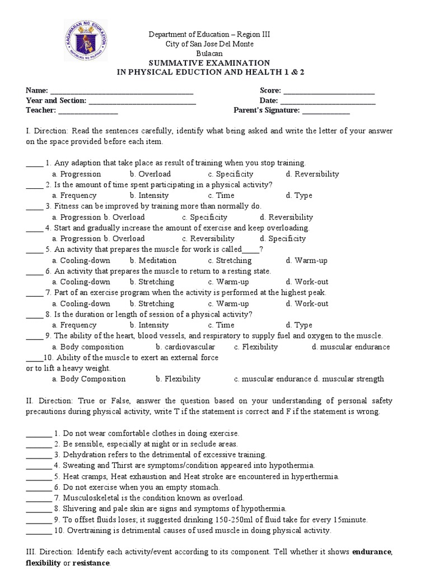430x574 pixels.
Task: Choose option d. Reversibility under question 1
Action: pyautogui.click(x=312, y=174)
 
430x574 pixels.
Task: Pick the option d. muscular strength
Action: pyautogui.click(x=349, y=379)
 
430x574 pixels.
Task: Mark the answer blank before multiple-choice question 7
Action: pyautogui.click(x=34, y=293)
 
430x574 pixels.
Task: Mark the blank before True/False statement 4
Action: pyautogui.click(x=38, y=465)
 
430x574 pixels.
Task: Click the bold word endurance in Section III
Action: pyautogui.click(x=372, y=552)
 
